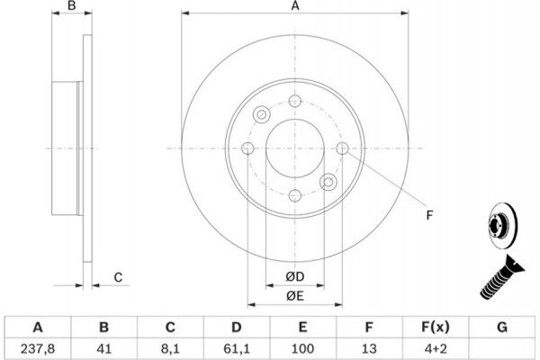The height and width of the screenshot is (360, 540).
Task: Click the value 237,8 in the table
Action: click(38, 348)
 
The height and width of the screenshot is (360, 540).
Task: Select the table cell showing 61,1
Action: click(236, 348)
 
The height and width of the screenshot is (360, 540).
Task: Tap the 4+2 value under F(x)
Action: click(436, 348)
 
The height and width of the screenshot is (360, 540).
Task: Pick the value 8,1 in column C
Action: click(170, 348)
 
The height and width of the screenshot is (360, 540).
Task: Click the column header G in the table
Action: click(502, 327)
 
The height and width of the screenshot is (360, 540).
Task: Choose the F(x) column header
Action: click(436, 327)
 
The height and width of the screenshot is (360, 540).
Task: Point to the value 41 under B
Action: click(104, 348)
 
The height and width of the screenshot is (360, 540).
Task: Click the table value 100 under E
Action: click(302, 348)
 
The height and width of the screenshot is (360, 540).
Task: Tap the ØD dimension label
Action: click(295, 276)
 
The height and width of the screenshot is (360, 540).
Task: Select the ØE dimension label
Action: click(295, 296)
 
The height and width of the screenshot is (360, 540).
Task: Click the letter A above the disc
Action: click(295, 6)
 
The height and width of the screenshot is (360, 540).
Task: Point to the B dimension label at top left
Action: click(72, 6)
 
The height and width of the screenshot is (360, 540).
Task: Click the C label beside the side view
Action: click(118, 277)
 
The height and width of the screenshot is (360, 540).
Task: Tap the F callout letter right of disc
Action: click(429, 215)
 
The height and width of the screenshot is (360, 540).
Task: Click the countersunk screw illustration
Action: click(501, 277)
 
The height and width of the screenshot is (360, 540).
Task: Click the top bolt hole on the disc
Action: click(295, 101)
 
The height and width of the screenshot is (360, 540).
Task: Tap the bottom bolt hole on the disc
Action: click(295, 195)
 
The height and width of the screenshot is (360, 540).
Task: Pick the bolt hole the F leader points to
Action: click(342, 148)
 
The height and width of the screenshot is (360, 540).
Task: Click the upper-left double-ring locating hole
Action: click(262, 114)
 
